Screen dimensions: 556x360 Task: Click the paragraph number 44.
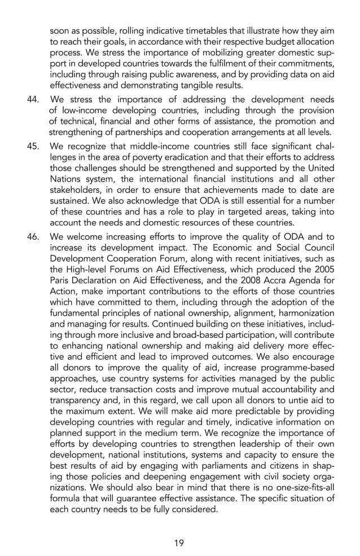click(x=33, y=100)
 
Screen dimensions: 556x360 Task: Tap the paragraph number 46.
click(x=33, y=237)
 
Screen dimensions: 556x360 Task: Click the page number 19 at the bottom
click(x=179, y=543)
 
